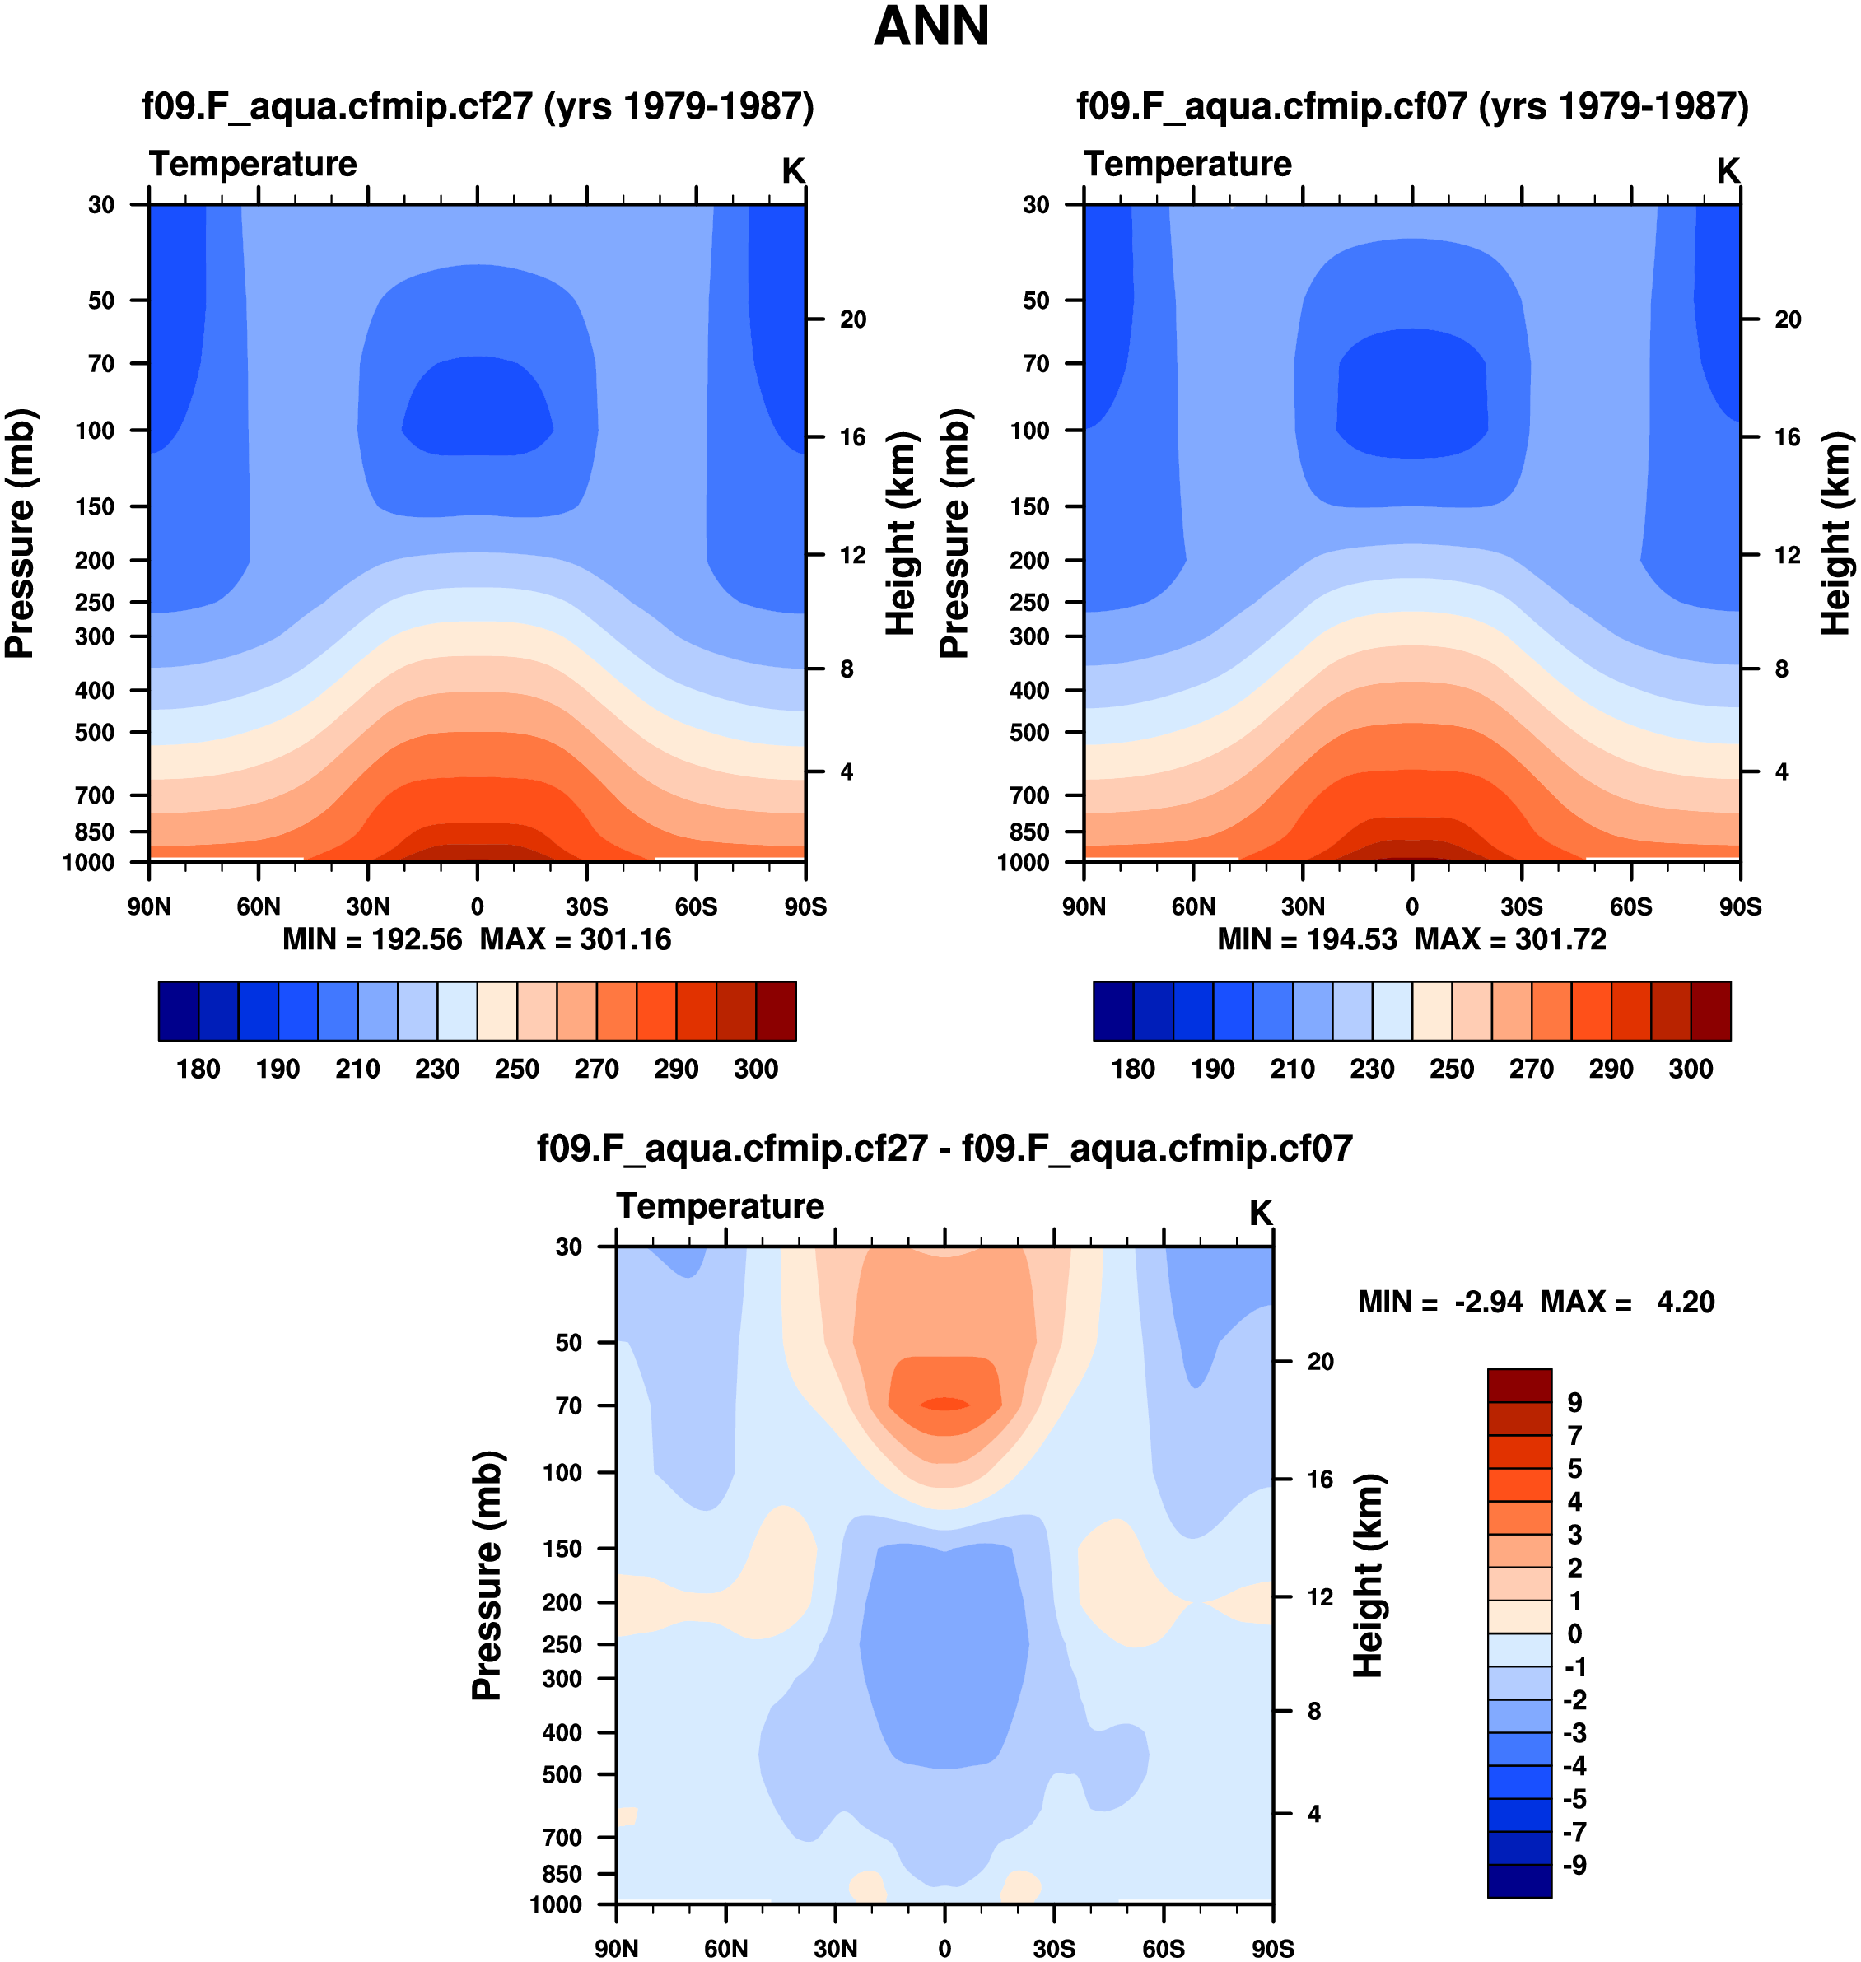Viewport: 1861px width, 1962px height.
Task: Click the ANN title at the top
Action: coord(930,27)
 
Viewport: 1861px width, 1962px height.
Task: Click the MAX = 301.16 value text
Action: coord(576,939)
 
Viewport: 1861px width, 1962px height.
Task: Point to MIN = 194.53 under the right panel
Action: coord(1307,939)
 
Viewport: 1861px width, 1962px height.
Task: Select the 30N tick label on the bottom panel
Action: coord(835,1948)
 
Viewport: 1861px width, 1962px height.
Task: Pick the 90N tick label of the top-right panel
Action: coord(1084,906)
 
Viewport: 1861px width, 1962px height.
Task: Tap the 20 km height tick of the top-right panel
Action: coord(1787,319)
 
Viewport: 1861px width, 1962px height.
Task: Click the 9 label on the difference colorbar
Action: coord(1574,1403)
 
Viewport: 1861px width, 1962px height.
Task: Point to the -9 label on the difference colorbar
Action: coord(1574,1865)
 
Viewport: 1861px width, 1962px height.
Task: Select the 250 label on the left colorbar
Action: coord(517,1069)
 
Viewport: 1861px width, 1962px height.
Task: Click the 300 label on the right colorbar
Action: coord(1691,1069)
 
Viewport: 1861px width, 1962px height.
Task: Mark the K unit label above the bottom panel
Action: coord(1260,1213)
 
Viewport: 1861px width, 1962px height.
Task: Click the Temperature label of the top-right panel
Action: coord(1187,164)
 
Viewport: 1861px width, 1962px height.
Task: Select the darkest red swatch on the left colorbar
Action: coord(776,1011)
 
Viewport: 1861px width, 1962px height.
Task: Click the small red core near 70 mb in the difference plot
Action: coord(944,1404)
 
